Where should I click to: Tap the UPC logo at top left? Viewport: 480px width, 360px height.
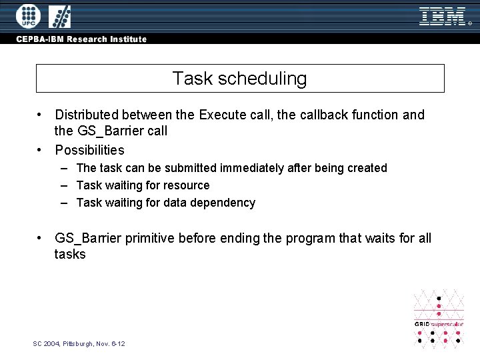27,16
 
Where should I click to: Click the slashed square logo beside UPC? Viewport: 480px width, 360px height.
59,16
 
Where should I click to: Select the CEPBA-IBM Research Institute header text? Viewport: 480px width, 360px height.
82,39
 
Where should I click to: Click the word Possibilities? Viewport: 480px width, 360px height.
89,150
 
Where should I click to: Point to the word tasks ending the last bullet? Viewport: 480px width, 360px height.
70,255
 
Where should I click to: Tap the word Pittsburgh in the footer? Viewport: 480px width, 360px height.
79,343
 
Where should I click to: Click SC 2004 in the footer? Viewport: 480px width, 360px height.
46,343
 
